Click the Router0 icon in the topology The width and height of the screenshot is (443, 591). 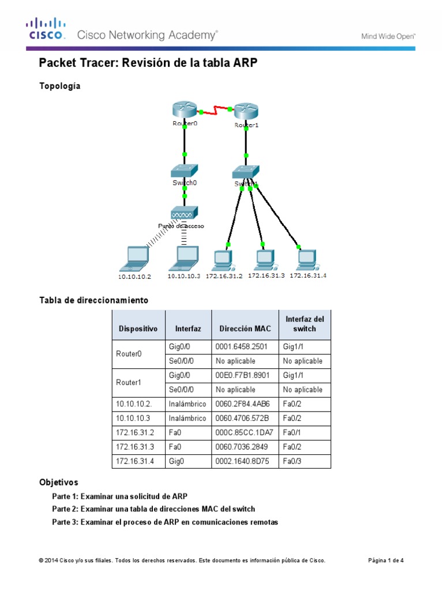pyautogui.click(x=185, y=110)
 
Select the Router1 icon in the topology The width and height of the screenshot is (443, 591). pyautogui.click(x=246, y=111)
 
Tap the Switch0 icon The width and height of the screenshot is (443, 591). pyautogui.click(x=185, y=171)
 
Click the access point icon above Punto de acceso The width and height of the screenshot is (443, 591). pyautogui.click(x=185, y=212)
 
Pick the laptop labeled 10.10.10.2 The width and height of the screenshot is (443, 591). pyautogui.click(x=136, y=259)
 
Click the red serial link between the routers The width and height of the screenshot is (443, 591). pyautogui.click(x=215, y=110)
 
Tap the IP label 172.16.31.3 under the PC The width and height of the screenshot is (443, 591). pyautogui.click(x=266, y=276)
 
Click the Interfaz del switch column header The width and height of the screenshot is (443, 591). pyautogui.click(x=305, y=324)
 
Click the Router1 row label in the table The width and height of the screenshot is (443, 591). pyautogui.click(x=129, y=383)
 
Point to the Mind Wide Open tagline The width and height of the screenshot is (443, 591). pyautogui.click(x=388, y=36)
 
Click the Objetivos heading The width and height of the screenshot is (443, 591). pyautogui.click(x=58, y=482)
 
